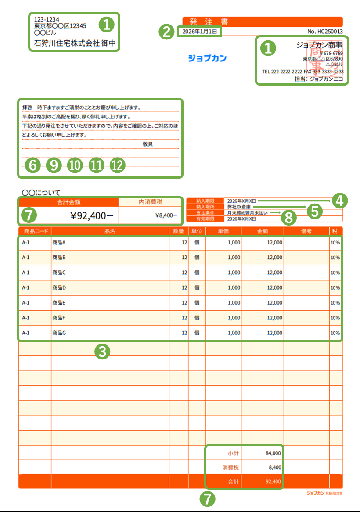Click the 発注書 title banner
click(x=262, y=22)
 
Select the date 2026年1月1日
click(x=200, y=32)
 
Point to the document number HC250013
click(x=325, y=32)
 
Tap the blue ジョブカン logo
click(x=207, y=58)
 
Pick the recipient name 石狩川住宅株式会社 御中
click(x=74, y=44)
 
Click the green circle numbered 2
click(x=166, y=32)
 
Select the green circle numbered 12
click(x=118, y=165)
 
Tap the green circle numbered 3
click(x=102, y=351)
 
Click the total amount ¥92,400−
click(x=92, y=215)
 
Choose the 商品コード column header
click(x=35, y=231)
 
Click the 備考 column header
click(x=306, y=231)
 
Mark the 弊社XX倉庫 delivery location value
click(x=239, y=206)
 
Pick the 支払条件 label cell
click(x=205, y=212)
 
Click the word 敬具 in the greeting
click(x=148, y=144)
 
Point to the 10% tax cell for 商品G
click(x=336, y=333)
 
